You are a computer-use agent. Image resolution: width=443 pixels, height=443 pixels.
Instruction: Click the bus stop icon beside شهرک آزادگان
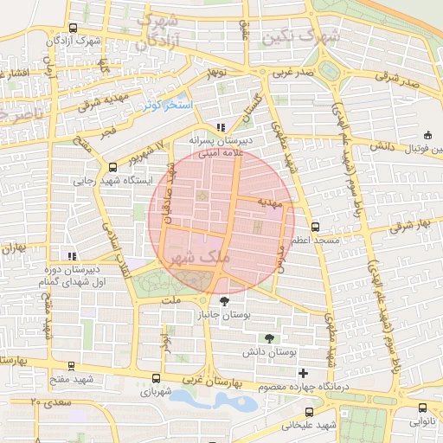(x=73, y=28)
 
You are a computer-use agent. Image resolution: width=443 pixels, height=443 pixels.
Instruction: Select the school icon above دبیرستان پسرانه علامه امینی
(x=221, y=126)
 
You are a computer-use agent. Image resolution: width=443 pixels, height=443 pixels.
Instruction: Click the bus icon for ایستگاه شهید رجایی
(x=112, y=167)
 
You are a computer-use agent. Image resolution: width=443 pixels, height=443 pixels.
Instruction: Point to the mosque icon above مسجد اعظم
(x=313, y=227)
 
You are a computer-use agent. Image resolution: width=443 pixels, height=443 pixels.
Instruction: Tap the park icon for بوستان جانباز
(x=226, y=301)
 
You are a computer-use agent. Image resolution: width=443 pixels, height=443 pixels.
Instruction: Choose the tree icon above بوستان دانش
(x=271, y=338)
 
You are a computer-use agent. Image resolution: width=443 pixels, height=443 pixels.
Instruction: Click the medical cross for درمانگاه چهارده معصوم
(x=303, y=373)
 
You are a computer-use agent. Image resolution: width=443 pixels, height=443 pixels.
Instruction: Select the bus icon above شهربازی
(x=156, y=378)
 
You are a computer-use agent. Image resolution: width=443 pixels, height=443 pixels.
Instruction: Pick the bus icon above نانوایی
(x=422, y=408)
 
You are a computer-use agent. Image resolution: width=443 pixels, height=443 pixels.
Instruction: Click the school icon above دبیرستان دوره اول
(x=73, y=256)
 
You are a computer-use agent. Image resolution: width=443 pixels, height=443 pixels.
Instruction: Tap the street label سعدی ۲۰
(x=48, y=402)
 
